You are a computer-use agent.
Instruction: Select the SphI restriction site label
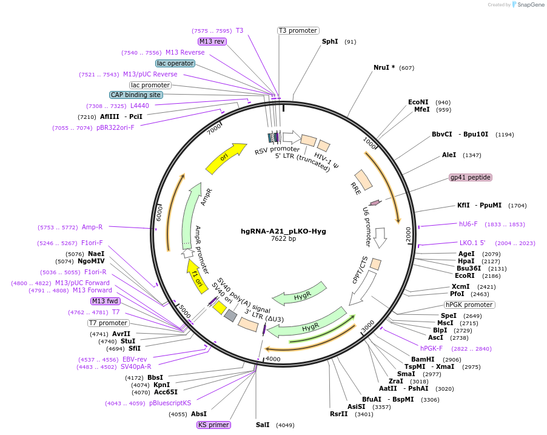pos(330,42)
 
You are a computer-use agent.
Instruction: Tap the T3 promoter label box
pos(298,31)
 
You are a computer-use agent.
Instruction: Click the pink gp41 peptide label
pos(471,178)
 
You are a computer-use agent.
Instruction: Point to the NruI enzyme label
pos(384,67)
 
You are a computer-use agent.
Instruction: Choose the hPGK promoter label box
pos(469,305)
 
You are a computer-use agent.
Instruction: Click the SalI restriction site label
pos(262,425)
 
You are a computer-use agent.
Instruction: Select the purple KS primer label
pos(213,425)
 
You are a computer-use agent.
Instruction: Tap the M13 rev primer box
pos(212,41)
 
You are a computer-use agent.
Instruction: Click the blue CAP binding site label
pos(136,95)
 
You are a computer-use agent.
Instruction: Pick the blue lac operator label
pos(175,63)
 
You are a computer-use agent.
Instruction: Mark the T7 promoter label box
pos(109,323)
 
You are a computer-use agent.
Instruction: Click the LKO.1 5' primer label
pos(472,243)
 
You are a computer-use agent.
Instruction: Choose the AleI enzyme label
pos(449,155)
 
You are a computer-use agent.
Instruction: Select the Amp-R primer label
pos(92,228)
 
